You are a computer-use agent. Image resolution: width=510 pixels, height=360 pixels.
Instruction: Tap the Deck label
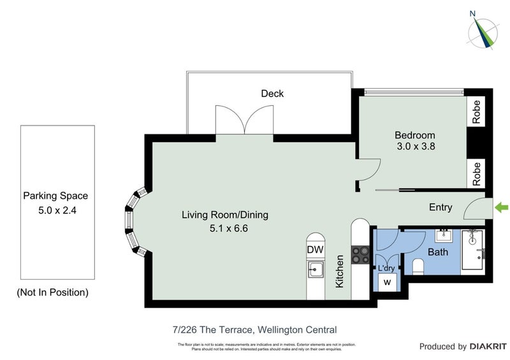(272, 94)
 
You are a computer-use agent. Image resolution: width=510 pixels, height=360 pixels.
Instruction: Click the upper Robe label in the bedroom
(476, 112)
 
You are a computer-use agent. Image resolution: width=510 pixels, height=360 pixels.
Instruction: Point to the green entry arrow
(502, 207)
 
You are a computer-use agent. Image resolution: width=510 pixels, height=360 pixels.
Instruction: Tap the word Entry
(441, 207)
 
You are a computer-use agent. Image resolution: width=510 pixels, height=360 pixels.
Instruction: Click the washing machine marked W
(387, 281)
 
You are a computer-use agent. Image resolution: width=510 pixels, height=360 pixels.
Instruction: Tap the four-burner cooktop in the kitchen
(360, 255)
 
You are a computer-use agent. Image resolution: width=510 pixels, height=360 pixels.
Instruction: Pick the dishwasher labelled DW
(314, 250)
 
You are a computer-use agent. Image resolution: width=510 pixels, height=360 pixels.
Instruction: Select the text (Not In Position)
(52, 292)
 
